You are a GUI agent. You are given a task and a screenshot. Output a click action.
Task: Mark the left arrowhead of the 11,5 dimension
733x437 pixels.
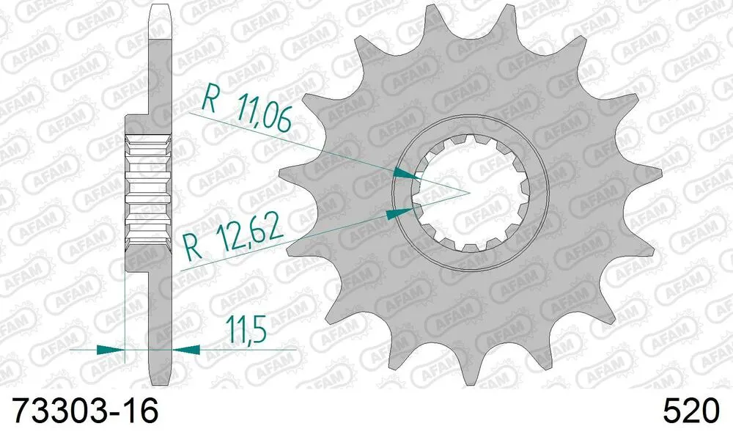click(110, 350)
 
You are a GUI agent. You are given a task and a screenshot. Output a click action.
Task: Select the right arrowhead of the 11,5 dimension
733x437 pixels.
click(186, 350)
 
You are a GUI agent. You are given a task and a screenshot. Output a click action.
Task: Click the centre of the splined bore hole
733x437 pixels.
click(468, 194)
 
